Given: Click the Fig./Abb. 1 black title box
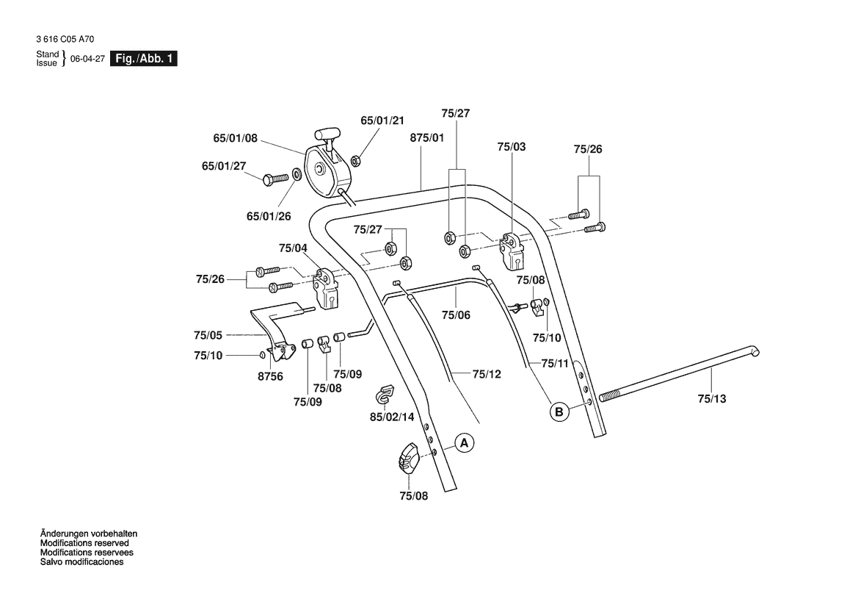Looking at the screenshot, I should tap(143, 59).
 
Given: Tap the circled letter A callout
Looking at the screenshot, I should tap(463, 443).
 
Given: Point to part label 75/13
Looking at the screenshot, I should tap(711, 399).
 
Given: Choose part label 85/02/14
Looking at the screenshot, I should tap(391, 417).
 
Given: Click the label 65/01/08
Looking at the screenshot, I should tap(236, 137).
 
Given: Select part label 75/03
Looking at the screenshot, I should tap(511, 147).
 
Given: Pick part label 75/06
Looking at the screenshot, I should tap(456, 315).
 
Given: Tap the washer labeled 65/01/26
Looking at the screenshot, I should tap(297, 175).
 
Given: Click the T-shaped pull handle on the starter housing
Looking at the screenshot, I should tap(327, 137).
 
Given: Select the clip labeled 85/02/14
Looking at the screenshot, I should tap(382, 393).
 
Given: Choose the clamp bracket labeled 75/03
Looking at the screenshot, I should tap(511, 250).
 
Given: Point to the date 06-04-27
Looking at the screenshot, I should tap(87, 60).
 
